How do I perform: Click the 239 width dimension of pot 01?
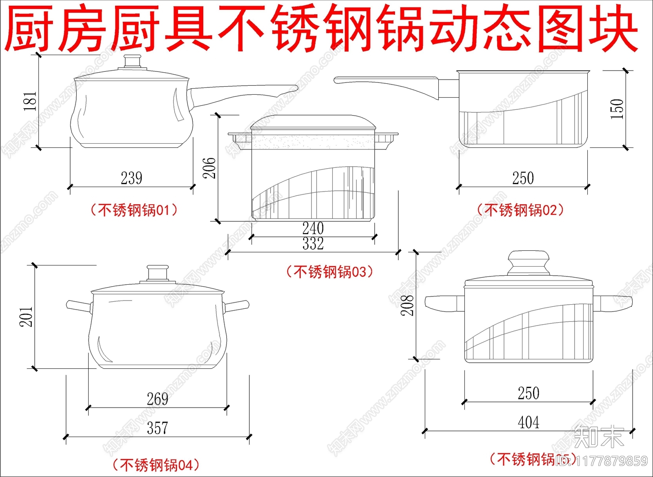[x=131, y=178]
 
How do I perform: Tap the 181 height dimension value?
[x=30, y=101]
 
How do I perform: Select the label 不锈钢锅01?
[x=134, y=210]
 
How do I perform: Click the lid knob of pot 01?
[x=133, y=62]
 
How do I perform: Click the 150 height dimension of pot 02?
[x=617, y=109]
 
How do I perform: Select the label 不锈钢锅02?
[x=520, y=210]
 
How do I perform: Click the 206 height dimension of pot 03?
[x=209, y=167]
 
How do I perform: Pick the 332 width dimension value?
[x=313, y=244]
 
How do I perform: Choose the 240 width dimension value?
[x=313, y=228]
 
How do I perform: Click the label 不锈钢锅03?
[x=330, y=272]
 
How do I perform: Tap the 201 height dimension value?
[x=26, y=317]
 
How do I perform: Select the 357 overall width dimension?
[x=157, y=428]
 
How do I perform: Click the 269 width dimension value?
[x=157, y=399]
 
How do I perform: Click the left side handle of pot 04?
[x=79, y=306]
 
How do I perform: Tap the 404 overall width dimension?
[x=529, y=422]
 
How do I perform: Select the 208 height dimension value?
[x=407, y=305]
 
